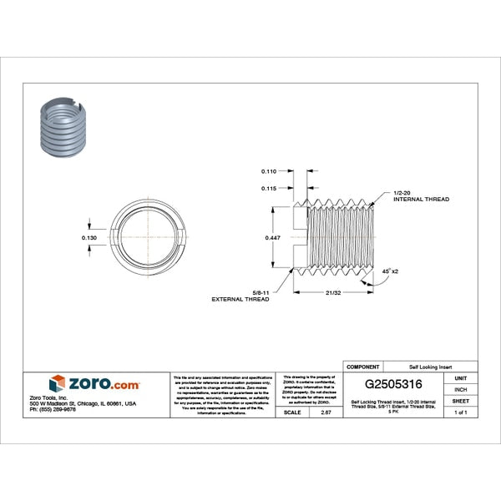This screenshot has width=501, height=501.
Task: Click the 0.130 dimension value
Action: point(91,238)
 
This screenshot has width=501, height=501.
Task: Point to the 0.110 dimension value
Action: point(268,171)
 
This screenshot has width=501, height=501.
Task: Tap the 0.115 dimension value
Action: point(268,189)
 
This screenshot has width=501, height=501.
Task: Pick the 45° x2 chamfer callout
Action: point(390,272)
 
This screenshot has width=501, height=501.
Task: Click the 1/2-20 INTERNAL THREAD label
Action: point(420,196)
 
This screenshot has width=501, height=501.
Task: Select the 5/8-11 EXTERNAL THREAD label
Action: point(240,295)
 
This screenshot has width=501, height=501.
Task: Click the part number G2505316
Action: point(399,385)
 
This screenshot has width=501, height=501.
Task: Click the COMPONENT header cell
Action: point(362,367)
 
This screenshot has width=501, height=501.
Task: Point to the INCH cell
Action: point(460,389)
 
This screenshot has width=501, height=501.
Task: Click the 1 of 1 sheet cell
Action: point(460,412)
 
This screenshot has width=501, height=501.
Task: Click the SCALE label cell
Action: point(292,412)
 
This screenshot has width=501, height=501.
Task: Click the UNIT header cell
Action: point(460,377)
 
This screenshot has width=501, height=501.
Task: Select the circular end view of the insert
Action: point(147,237)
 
